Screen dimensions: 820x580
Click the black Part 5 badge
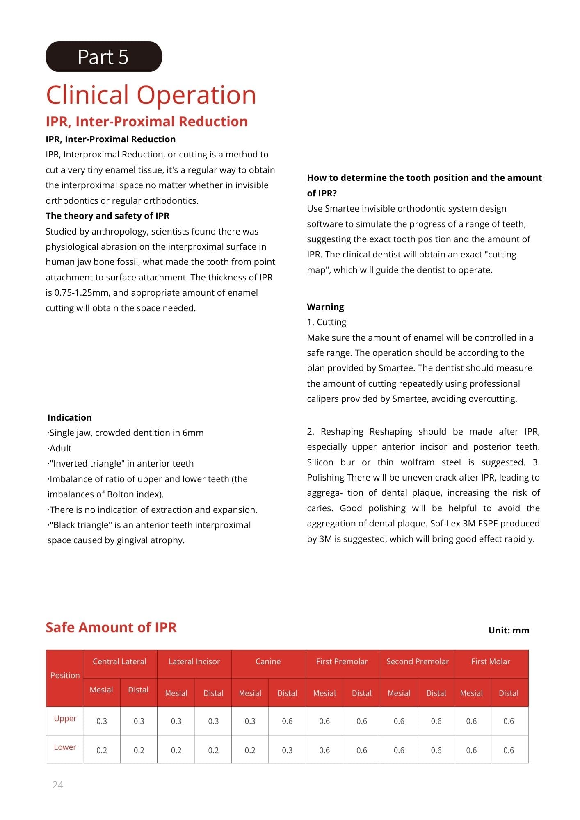[104, 57]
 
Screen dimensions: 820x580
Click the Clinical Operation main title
[151, 95]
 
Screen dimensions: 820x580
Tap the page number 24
[58, 785]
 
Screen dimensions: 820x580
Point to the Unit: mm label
[509, 630]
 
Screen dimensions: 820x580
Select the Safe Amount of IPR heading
[111, 627]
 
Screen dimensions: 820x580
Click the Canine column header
[268, 661]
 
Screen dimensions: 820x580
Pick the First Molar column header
[491, 661]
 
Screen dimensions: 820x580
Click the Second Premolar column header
[417, 661]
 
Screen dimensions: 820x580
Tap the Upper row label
[65, 718]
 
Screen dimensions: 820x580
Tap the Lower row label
[65, 747]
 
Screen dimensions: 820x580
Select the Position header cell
[65, 675]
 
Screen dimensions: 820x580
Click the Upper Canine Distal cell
[287, 721]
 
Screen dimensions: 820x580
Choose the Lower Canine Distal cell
[287, 750]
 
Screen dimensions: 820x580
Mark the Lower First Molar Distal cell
[509, 750]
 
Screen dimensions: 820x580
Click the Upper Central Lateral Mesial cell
[102, 721]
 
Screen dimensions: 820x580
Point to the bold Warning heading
[326, 307]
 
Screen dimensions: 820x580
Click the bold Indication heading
[70, 417]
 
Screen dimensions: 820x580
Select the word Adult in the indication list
[61, 448]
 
